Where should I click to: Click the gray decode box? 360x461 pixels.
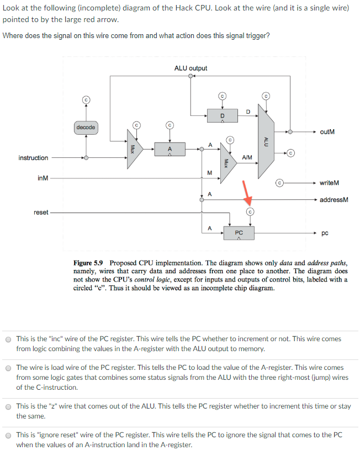coord(86,128)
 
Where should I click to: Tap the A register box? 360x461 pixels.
coord(170,149)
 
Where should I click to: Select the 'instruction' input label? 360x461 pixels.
coord(33,158)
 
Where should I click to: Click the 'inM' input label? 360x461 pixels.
coord(43,178)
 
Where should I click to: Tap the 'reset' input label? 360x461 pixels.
coord(41,212)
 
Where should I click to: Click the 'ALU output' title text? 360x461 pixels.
coord(190,68)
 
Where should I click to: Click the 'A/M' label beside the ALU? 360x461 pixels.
coord(247,157)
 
